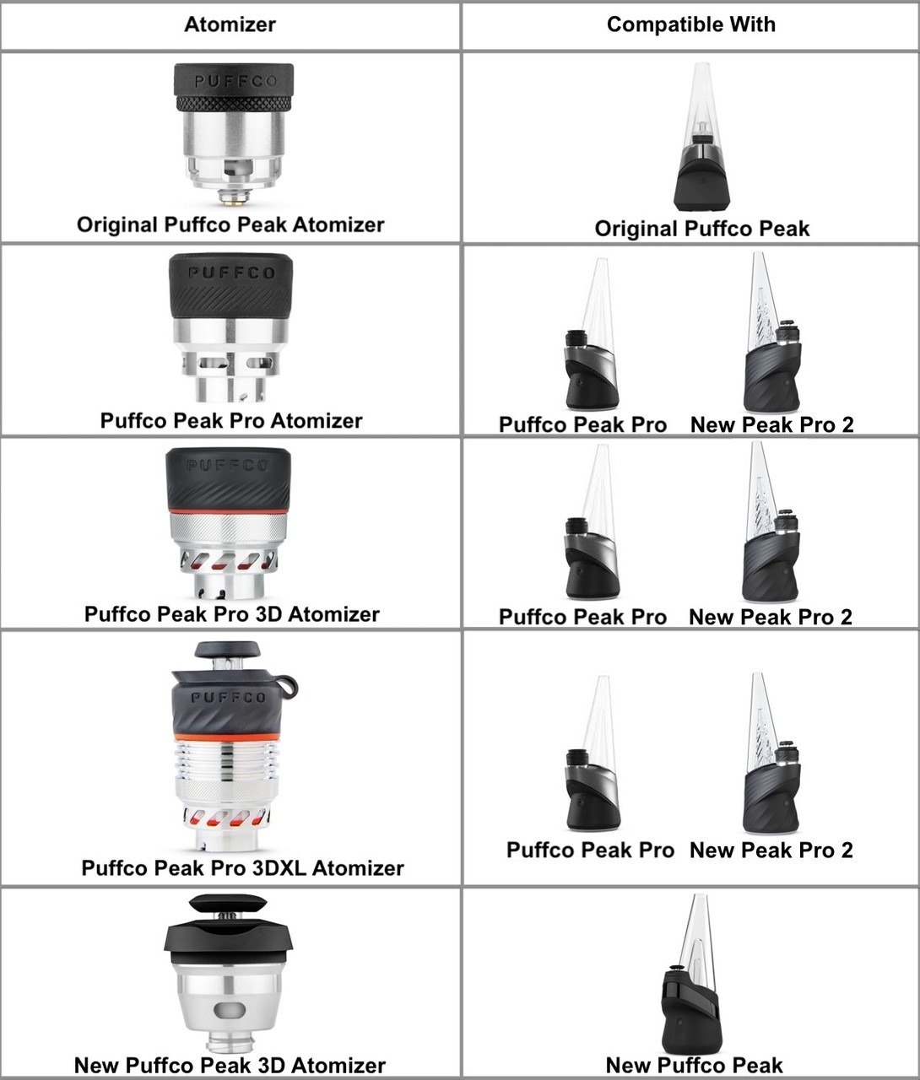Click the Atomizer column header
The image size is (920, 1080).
pos(230,24)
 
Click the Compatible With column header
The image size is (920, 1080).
pos(690,24)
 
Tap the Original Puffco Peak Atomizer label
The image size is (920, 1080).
pos(230,224)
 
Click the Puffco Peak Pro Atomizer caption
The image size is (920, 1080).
pos(231,420)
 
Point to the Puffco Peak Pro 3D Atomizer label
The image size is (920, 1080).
pos(231,613)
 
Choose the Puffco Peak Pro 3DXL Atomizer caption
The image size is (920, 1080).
pos(242,867)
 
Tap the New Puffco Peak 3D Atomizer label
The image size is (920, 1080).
pos(230,1065)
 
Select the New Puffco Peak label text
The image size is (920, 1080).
pos(694,1065)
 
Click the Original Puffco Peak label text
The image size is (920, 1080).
pos(701,229)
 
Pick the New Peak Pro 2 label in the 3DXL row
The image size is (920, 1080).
pos(771,850)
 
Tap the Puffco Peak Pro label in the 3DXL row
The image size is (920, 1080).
pos(590,850)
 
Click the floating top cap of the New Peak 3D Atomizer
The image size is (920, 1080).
pos(228,904)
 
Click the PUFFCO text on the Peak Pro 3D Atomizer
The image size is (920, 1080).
pos(228,465)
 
